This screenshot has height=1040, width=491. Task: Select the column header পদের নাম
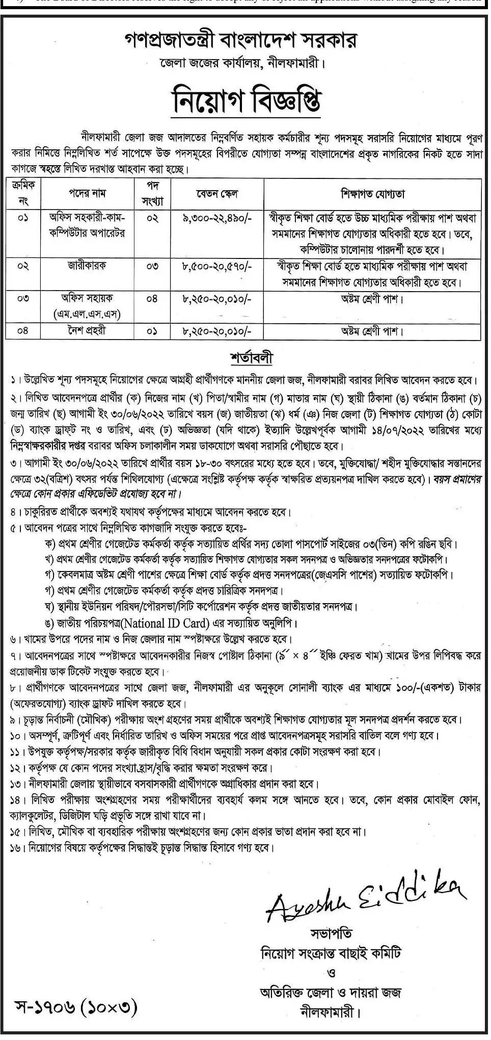point(88,194)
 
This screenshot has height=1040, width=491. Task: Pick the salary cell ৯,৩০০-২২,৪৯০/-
point(217,218)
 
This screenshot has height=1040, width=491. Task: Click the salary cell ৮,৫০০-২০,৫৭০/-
point(217,266)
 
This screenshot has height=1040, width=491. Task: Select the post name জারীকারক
point(88,266)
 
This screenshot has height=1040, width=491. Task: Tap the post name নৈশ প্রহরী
point(88,330)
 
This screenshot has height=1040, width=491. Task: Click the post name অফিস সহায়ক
point(88,298)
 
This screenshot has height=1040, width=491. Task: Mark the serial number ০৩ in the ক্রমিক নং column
point(23,299)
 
